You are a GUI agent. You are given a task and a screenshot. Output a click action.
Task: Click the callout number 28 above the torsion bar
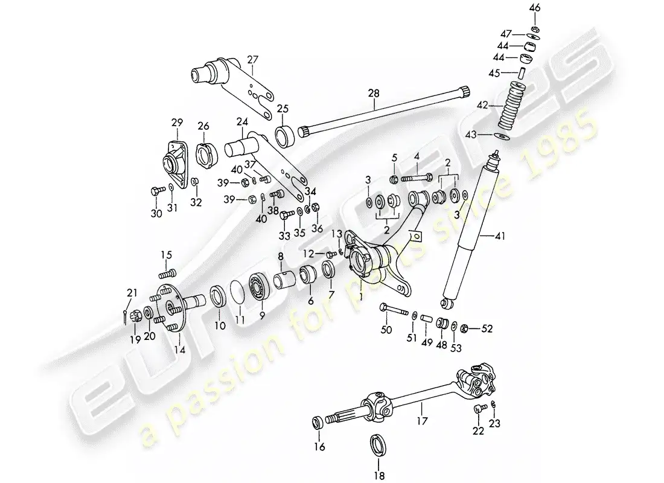tap(374, 93)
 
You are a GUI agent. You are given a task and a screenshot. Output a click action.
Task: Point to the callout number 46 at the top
tap(535, 8)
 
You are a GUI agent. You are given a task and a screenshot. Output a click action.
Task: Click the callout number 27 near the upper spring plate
tap(252, 59)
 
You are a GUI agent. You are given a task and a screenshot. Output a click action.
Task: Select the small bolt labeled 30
tap(155, 192)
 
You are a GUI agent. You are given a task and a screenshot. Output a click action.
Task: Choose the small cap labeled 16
tap(318, 421)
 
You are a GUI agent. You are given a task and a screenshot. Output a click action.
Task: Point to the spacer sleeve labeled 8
tap(284, 281)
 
